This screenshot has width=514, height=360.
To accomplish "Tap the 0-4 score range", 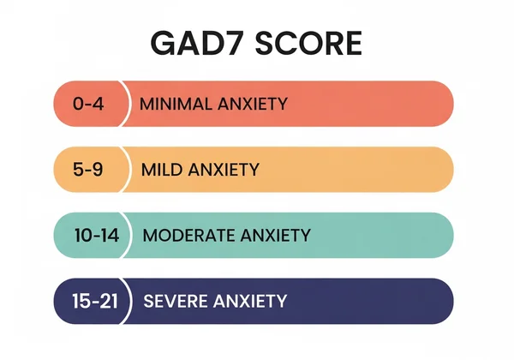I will tap(89, 104).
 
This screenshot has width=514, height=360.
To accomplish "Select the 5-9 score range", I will tap(89, 170).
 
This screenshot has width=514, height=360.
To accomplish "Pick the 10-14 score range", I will tap(95, 235).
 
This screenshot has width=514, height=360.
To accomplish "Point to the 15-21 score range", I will tap(95, 301).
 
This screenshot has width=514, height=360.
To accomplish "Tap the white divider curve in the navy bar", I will tap(132, 301).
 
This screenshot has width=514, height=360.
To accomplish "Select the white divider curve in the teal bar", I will tap(132, 235).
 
